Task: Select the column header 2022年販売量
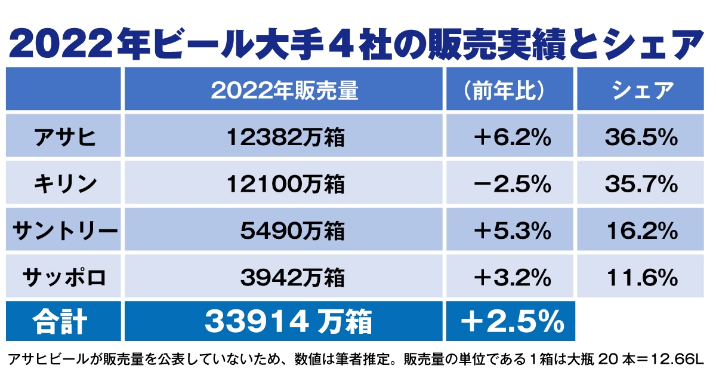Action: pyautogui.click(x=285, y=90)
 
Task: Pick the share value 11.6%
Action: pyautogui.click(x=641, y=277)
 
